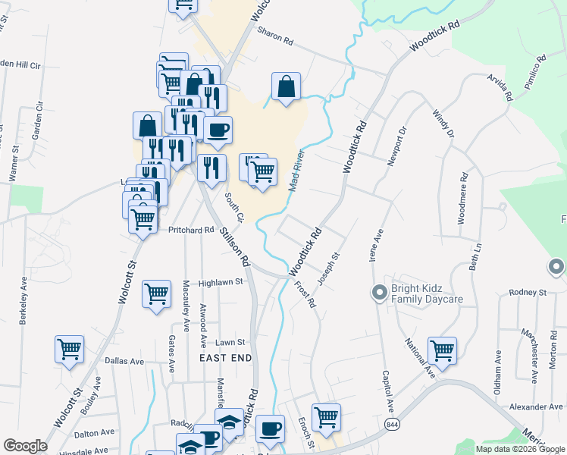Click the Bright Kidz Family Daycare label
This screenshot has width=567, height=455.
[x=426, y=294]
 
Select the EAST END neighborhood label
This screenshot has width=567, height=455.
[x=224, y=356]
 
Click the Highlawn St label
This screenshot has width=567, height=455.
[x=220, y=282]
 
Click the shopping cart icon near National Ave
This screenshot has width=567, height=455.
[x=442, y=351]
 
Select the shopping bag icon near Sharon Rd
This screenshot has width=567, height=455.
[x=287, y=87]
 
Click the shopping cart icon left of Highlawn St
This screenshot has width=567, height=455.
[x=156, y=292]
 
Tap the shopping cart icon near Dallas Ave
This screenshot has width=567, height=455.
[x=69, y=350]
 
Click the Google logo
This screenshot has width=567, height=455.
[x=25, y=446]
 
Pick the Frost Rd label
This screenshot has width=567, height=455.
[x=305, y=293]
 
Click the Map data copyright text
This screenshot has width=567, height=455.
[x=519, y=449]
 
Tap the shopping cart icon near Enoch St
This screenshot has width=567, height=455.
[x=326, y=416]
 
